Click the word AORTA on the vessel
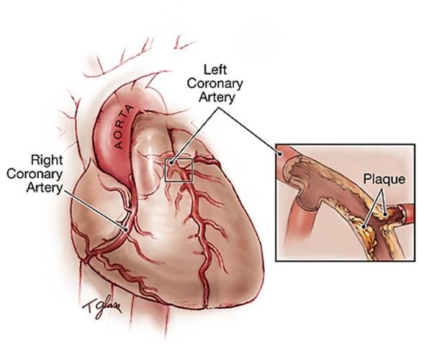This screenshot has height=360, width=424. [124, 127]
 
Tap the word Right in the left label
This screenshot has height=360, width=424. [47, 160]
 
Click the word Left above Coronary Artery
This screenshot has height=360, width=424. [215, 70]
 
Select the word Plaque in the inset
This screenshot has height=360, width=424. [384, 179]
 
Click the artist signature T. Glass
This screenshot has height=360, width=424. [102, 307]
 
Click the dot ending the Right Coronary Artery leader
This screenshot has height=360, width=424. [126, 230]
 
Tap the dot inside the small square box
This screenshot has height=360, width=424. [171, 163]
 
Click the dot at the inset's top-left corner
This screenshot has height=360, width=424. [280, 155]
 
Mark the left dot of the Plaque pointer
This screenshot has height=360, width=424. [365, 226]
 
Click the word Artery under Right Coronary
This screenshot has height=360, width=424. [45, 187]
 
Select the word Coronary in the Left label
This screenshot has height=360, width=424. [215, 84]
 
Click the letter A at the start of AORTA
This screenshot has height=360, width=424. [119, 145]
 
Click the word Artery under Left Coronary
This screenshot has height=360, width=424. [217, 98]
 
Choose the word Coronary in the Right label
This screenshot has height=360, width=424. [34, 174]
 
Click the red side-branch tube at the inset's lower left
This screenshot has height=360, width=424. [302, 219]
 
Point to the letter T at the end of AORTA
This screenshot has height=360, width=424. [130, 110]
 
